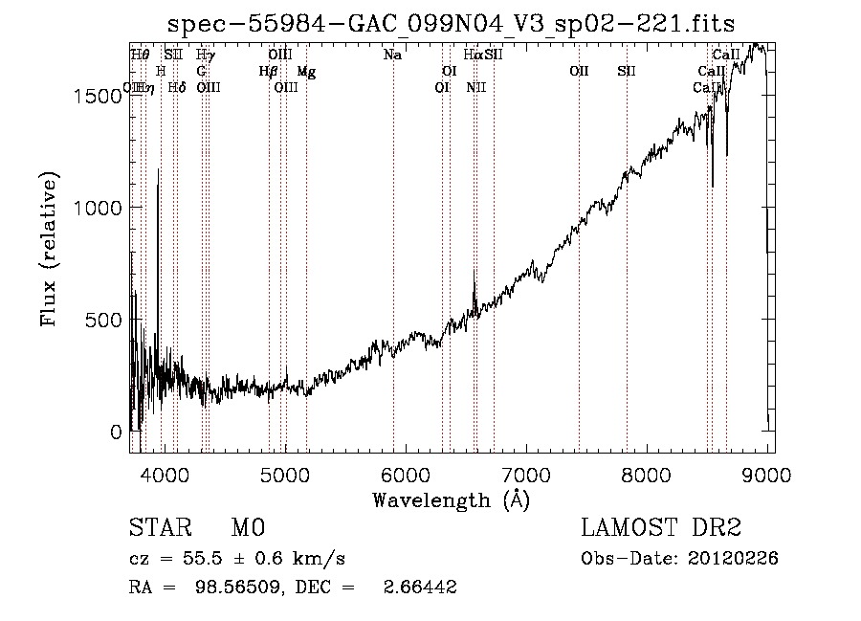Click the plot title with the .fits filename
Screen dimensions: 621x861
[451, 24]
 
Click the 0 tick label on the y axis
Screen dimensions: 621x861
[115, 432]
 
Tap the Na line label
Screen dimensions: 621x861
[392, 55]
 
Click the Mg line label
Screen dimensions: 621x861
[306, 72]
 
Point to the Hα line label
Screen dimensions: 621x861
[473, 55]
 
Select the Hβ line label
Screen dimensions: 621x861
[268, 72]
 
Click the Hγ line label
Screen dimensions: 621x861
[206, 55]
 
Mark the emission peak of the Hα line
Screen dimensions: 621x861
[475, 270]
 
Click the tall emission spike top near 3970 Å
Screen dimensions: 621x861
[159, 170]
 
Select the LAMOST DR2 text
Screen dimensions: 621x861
[661, 528]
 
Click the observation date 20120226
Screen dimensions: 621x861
[737, 558]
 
